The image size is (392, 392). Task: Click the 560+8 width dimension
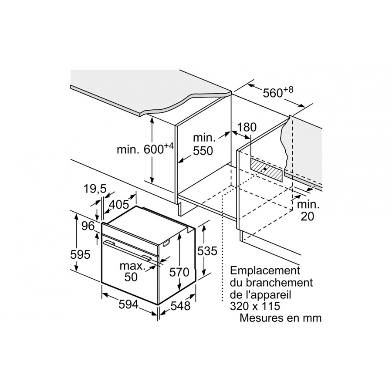pyautogui.click(x=278, y=93)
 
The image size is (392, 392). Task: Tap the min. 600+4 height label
pyautogui.click(x=145, y=149)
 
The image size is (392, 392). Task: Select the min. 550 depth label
pyautogui.click(x=203, y=145)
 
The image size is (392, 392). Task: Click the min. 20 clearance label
pyautogui.click(x=308, y=210)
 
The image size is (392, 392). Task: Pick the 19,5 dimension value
pyautogui.click(x=95, y=189)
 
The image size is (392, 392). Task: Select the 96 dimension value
pyautogui.click(x=88, y=226)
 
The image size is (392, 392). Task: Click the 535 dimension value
pyautogui.click(x=207, y=251)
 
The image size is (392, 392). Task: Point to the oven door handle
pyautogui.click(x=128, y=250)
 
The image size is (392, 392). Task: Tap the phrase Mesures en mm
pyautogui.click(x=280, y=318)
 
